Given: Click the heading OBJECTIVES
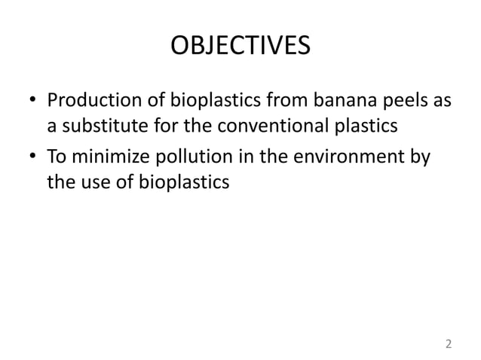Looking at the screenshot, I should click(240, 47).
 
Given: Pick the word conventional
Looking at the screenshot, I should click(271, 126).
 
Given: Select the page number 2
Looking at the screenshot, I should click(449, 344).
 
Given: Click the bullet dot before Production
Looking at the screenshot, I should click(32, 101).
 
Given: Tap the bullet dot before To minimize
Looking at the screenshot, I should click(32, 157).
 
